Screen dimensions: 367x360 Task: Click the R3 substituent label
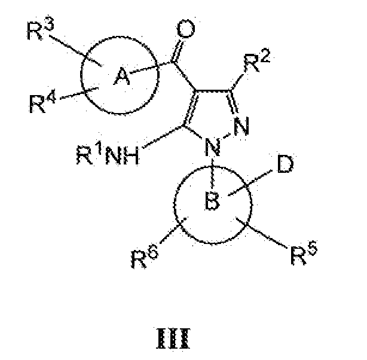pos(40,29)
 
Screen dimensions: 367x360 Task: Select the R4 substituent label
pos(42,101)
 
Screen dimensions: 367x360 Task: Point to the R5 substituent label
pos(304,253)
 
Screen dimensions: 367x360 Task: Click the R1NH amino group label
pos(108,155)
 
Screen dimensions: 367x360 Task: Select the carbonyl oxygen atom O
pos(186,29)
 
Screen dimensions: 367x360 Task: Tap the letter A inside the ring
pos(122,76)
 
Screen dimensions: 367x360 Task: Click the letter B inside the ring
pos(212,200)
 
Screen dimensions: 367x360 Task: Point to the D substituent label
pos(285,164)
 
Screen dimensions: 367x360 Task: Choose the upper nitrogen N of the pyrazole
pos(241,127)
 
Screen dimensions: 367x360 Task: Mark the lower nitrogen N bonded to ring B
pos(213,147)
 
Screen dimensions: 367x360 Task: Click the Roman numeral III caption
pos(173,338)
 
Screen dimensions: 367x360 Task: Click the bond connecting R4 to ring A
pos(79,93)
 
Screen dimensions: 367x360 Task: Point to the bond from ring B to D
pos(250,183)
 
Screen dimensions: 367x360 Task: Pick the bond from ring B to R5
pos(262,233)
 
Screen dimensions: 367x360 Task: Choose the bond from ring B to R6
pos(173,230)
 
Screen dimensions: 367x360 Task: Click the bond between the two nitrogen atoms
pos(227,136)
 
